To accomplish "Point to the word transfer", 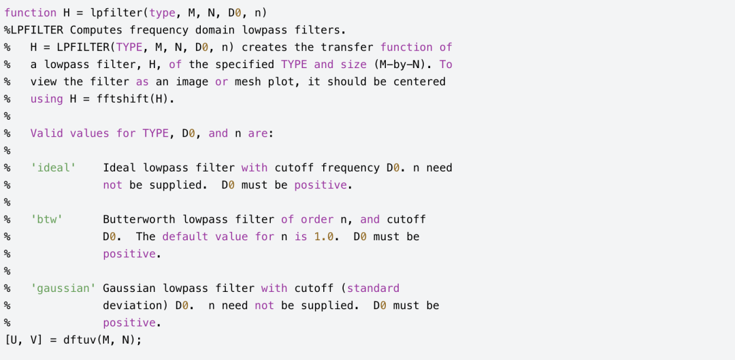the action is click(x=347, y=48).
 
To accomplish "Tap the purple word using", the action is click(x=46, y=99).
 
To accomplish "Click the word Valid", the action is click(x=46, y=133).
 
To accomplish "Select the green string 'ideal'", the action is click(x=53, y=168).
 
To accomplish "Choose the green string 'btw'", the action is click(x=46, y=219).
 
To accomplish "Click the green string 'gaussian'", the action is click(x=63, y=289).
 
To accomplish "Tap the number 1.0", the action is click(x=324, y=236).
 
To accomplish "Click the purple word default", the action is click(x=185, y=236).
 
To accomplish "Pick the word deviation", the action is click(x=132, y=305).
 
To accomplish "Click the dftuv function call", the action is click(x=79, y=340).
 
